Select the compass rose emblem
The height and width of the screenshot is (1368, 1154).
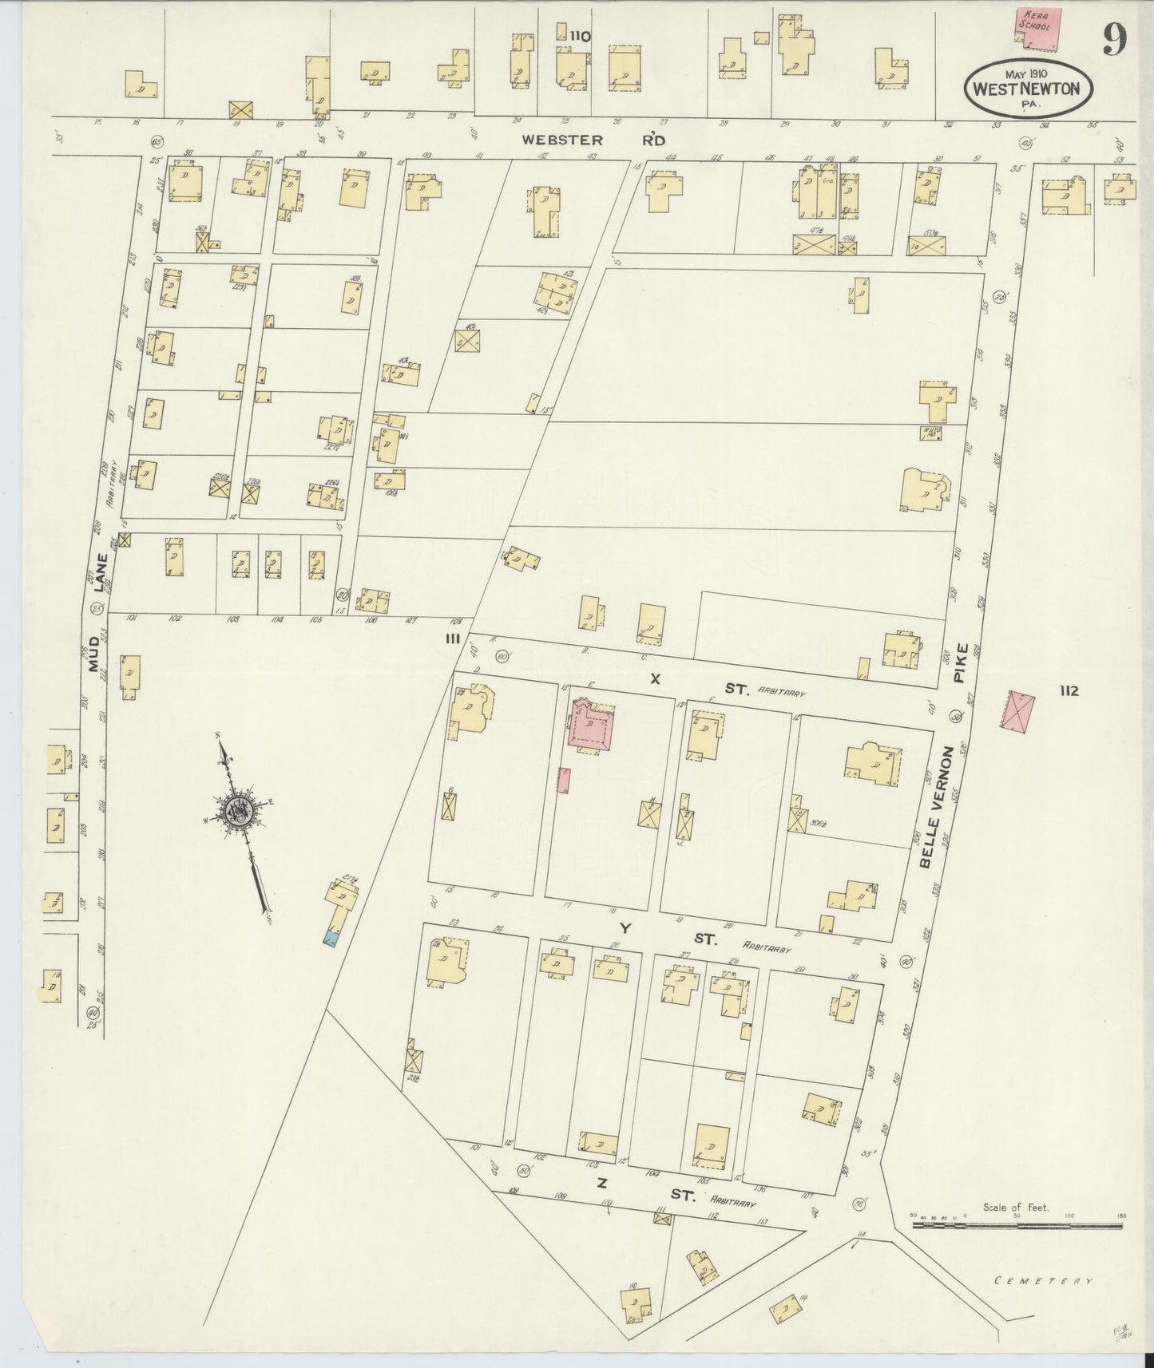click(239, 812)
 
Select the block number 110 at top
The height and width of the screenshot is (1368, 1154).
click(580, 35)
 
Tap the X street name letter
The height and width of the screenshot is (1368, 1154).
click(655, 679)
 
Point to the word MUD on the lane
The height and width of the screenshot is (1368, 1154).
click(103, 662)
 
